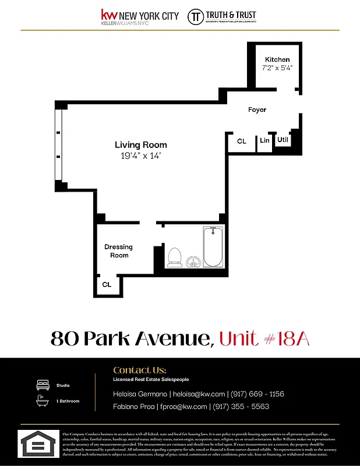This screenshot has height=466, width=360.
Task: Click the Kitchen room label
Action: click(277, 59)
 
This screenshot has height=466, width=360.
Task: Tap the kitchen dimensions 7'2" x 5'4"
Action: click(277, 68)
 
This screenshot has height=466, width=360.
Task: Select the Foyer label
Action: click(257, 110)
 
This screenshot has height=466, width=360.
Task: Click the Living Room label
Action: click(140, 145)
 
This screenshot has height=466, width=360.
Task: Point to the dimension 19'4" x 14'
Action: click(140, 156)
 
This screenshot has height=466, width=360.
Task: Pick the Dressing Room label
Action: click(118, 251)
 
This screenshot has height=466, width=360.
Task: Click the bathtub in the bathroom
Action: click(213, 247)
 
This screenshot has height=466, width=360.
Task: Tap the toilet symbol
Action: click(174, 256)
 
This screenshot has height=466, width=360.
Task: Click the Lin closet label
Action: click(264, 140)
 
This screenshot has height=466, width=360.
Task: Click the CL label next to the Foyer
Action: click(242, 141)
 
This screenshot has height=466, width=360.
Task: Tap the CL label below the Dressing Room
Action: click(107, 285)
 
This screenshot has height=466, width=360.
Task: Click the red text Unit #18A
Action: click(264, 338)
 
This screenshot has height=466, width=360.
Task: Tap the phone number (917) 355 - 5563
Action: click(241, 407)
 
